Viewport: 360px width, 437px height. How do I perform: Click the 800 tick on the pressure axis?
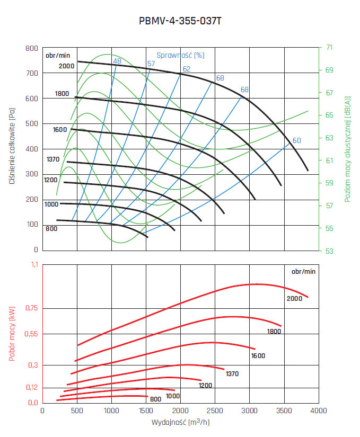pyautogui.click(x=32, y=48)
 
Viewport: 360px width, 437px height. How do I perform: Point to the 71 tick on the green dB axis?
pyautogui.click(x=329, y=47)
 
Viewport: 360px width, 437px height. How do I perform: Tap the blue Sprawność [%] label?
pyautogui.click(x=180, y=55)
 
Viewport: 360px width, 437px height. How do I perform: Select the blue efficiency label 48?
pyautogui.click(x=117, y=61)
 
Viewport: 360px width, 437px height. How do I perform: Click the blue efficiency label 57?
pyautogui.click(x=151, y=64)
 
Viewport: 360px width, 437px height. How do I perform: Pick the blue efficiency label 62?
pyautogui.click(x=187, y=69)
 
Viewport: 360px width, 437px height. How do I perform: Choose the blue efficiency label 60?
pyautogui.click(x=297, y=140)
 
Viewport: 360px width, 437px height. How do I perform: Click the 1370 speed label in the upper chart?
pyautogui.click(x=52, y=159)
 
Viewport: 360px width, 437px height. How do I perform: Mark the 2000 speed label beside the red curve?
pyautogui.click(x=294, y=299)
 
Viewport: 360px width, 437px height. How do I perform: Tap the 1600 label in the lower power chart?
pyautogui.click(x=258, y=356)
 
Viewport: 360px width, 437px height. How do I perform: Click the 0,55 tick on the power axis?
pyautogui.click(x=30, y=334)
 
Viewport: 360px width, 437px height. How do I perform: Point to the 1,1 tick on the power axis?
pyautogui.click(x=33, y=265)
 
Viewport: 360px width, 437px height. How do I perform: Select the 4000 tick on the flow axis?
pyautogui.click(x=318, y=411)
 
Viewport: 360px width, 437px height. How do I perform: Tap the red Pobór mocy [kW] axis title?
pyautogui.click(x=12, y=335)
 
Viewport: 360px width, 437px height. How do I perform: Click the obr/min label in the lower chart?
pyautogui.click(x=303, y=271)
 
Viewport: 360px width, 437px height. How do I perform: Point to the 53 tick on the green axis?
pyautogui.click(x=329, y=251)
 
